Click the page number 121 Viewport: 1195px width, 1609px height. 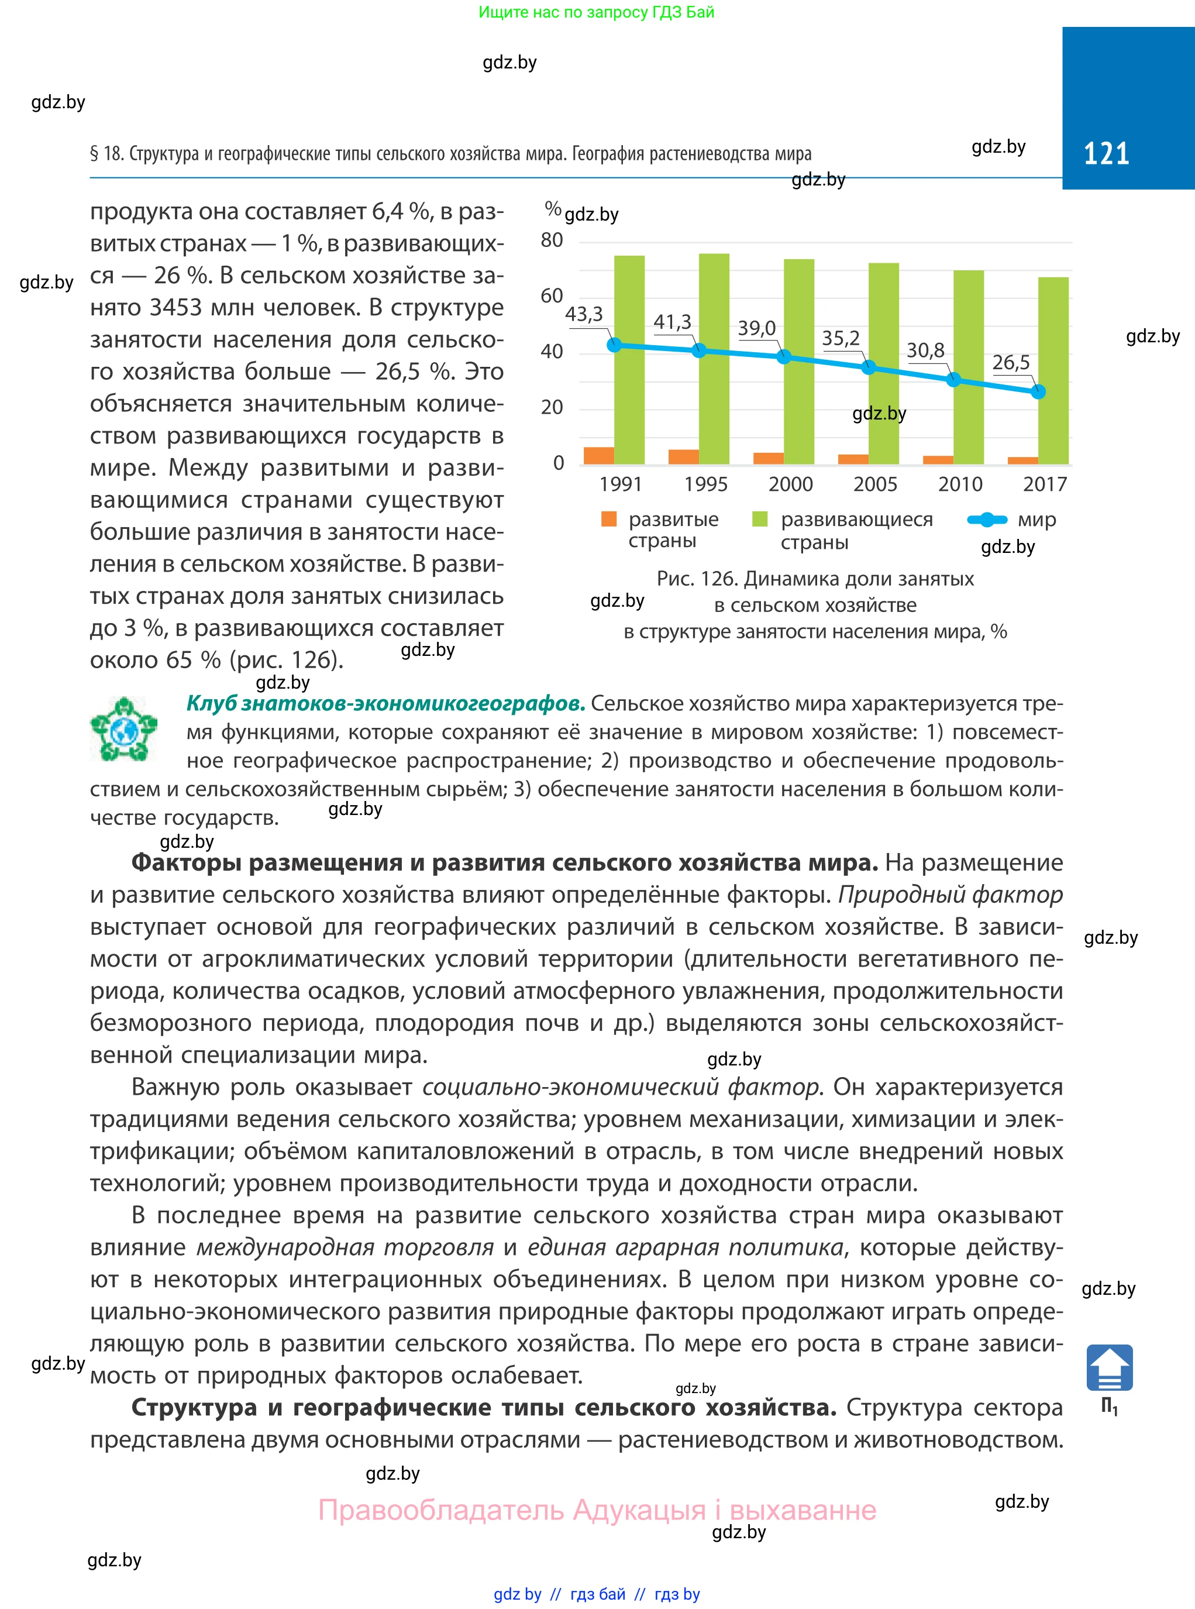[x=1106, y=153]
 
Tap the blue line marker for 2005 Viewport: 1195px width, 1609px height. [x=869, y=367]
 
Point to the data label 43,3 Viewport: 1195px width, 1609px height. [x=584, y=314]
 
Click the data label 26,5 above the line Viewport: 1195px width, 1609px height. [x=1011, y=362]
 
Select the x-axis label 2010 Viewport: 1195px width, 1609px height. [x=960, y=484]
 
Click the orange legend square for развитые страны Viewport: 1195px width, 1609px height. [x=609, y=519]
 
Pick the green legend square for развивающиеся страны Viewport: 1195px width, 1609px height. [x=760, y=519]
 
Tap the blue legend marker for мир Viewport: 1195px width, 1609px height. [x=987, y=520]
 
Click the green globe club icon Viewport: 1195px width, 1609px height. [x=123, y=728]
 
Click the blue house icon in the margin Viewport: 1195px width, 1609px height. [x=1109, y=1367]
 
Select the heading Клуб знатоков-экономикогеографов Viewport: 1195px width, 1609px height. [x=385, y=703]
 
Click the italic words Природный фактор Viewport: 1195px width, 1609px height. [x=950, y=895]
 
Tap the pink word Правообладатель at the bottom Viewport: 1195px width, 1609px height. [x=441, y=1510]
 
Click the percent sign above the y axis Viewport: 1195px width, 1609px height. [x=553, y=209]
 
